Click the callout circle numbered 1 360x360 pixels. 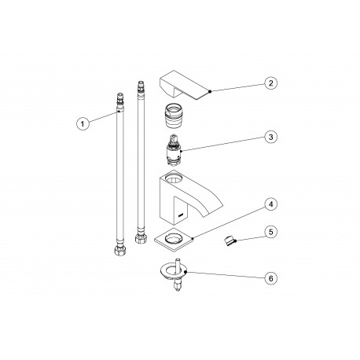[x=83, y=123]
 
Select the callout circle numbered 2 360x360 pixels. [x=270, y=83]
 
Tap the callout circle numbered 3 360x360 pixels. [x=270, y=137]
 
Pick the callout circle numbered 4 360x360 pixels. [x=270, y=204]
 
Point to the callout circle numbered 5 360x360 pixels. [x=270, y=232]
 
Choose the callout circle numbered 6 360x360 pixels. [x=270, y=278]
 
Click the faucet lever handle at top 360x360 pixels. [x=185, y=85]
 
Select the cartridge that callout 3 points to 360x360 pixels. [x=174, y=150]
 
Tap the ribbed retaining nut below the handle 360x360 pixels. [x=174, y=116]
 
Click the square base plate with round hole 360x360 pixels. [x=174, y=239]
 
